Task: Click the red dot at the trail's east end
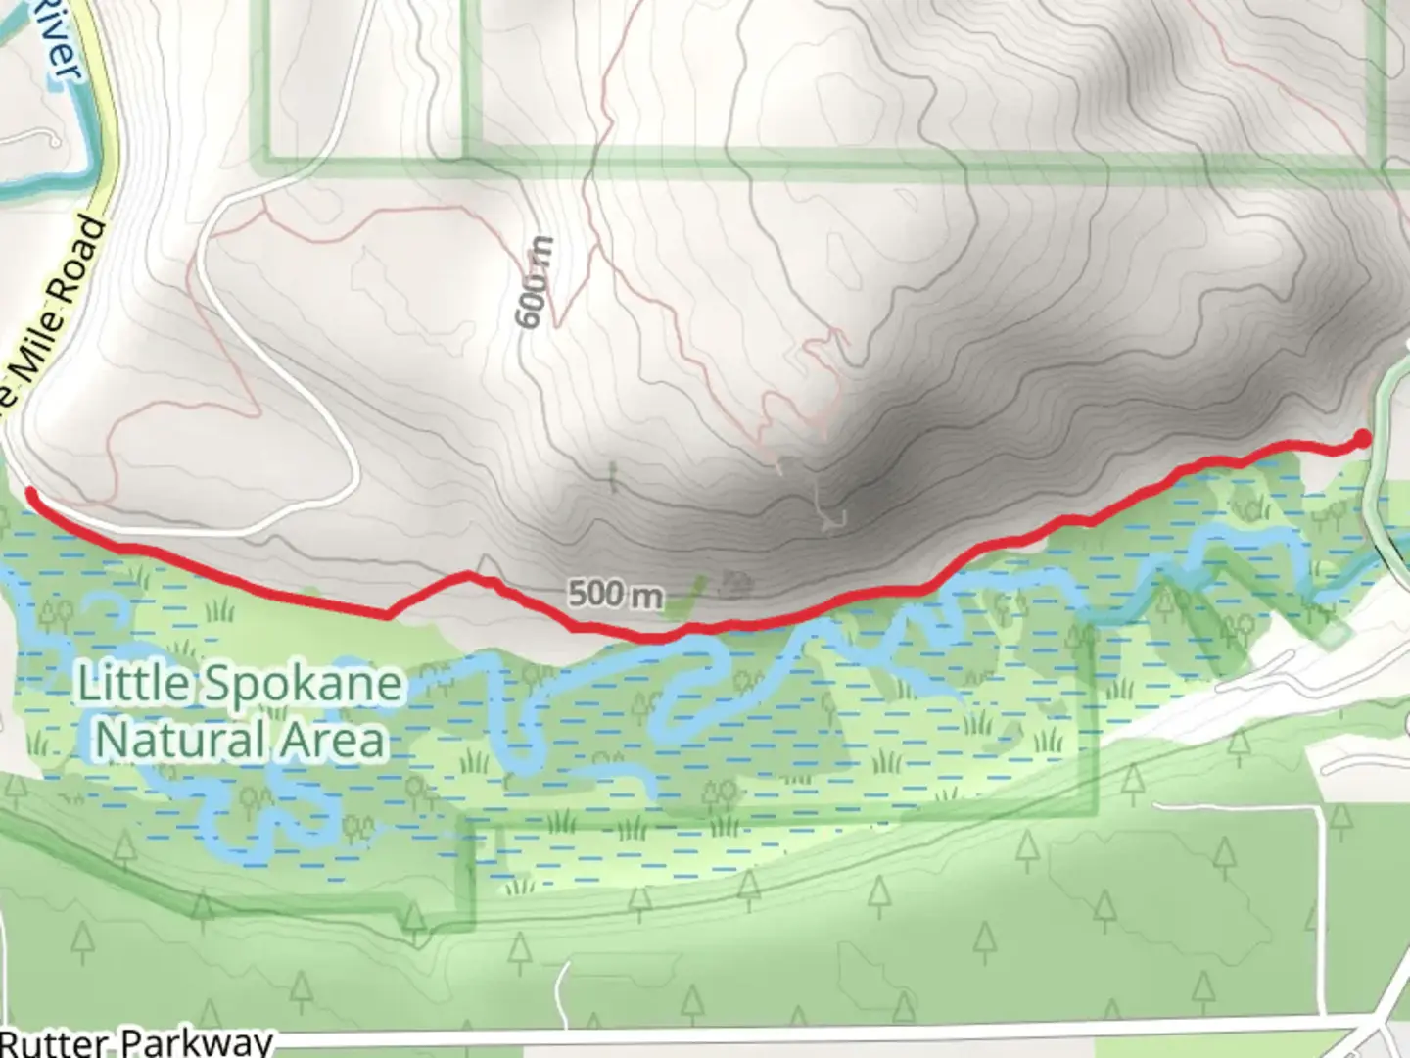pyautogui.click(x=1361, y=439)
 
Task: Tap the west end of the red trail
pyautogui.click(x=30, y=493)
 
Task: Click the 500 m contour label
pyautogui.click(x=614, y=594)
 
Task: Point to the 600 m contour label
pyautogui.click(x=535, y=283)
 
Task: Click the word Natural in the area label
pyautogui.click(x=182, y=740)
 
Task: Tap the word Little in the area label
pyautogui.click(x=134, y=684)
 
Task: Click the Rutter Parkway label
pyautogui.click(x=137, y=1040)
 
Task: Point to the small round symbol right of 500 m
pyautogui.click(x=734, y=586)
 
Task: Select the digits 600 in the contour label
pyautogui.click(x=532, y=300)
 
